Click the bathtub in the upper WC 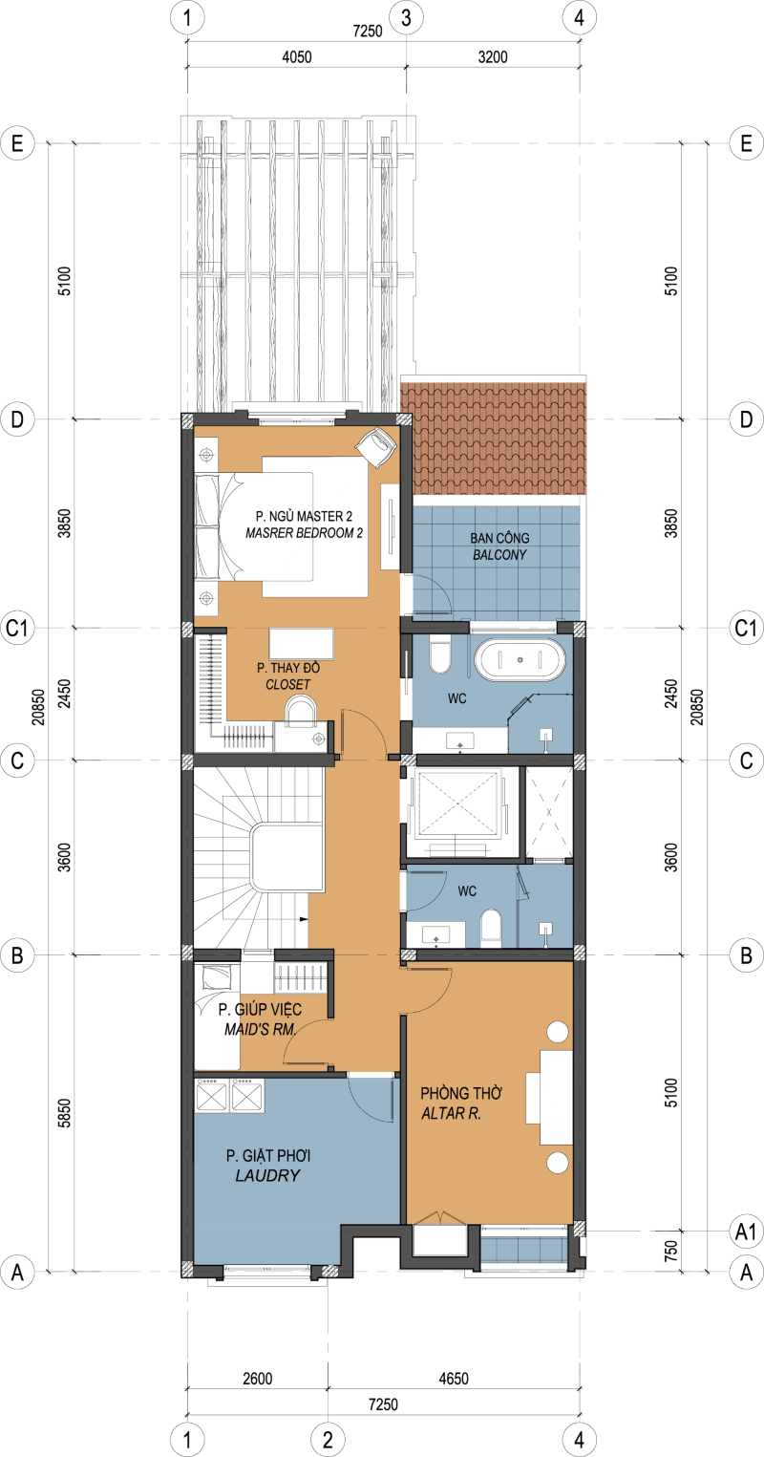[520, 659]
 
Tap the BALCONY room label [499, 555]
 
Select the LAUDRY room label [268, 1175]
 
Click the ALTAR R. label [452, 1114]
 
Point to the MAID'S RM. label [260, 1030]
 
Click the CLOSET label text [288, 684]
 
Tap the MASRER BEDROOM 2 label [305, 533]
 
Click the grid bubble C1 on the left [17, 629]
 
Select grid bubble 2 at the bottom [328, 1440]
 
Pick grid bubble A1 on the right [746, 1232]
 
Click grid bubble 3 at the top [407, 17]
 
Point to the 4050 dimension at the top [296, 57]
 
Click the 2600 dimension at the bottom [258, 1379]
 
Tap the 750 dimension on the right [671, 1251]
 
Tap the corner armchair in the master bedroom [376, 446]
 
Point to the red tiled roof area [494, 439]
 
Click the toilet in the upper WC [440, 655]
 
